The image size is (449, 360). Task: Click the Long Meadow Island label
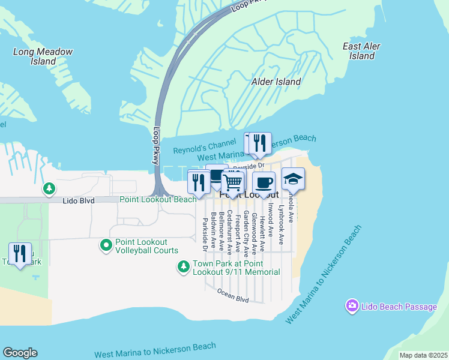(43, 56)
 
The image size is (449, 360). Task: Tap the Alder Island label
(276, 82)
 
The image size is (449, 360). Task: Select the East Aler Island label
(361, 51)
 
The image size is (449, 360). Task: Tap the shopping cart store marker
(232, 181)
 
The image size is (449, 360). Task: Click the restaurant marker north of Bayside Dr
(259, 143)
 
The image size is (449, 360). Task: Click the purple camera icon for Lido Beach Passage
(352, 307)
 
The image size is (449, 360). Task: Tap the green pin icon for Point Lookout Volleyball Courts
(106, 245)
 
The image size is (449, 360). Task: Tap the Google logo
(20, 353)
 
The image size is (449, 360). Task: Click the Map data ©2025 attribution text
(423, 355)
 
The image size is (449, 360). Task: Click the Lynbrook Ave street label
(281, 224)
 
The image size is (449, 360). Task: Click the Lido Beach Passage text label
(399, 307)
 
